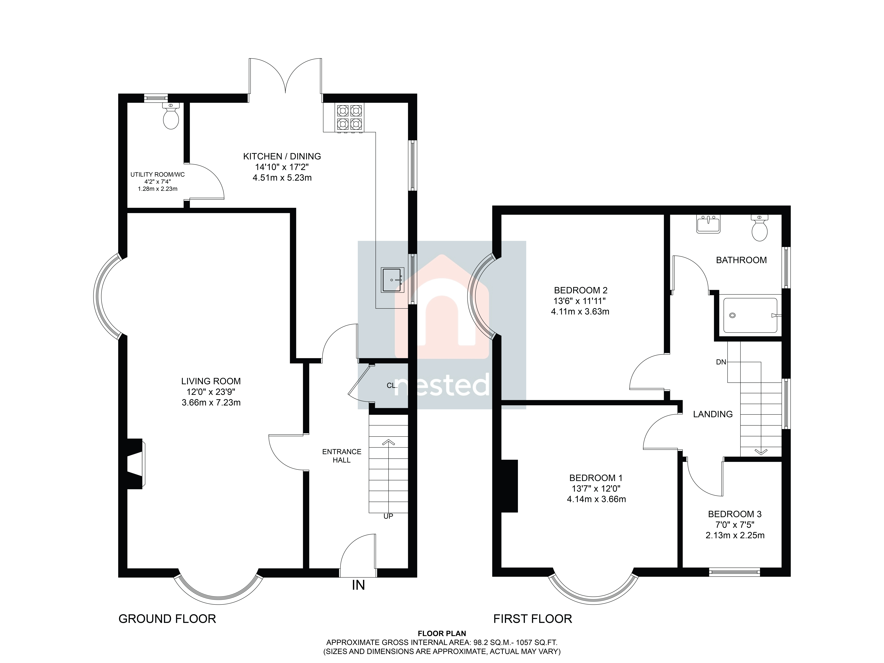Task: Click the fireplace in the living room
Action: [135, 464]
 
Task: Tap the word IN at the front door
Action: [359, 585]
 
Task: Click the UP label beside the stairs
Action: [388, 516]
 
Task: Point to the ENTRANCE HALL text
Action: [342, 456]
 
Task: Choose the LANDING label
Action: [713, 414]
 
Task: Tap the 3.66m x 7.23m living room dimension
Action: [211, 402]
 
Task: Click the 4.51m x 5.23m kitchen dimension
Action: [282, 177]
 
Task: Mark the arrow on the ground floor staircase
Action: [388, 476]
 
